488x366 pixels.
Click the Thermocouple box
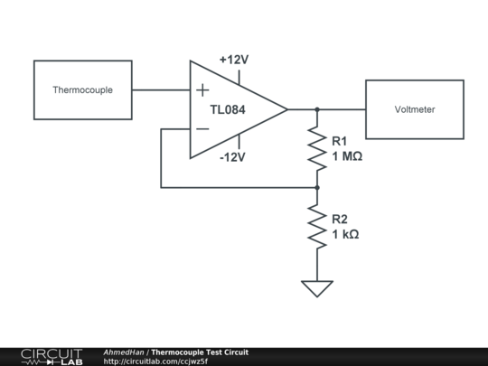click(82, 90)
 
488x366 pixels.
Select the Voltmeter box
click(414, 109)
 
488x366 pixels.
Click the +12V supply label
click(234, 60)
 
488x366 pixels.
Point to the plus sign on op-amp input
click(202, 90)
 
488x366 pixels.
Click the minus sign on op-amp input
click(202, 129)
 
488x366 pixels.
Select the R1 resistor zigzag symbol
click(317, 148)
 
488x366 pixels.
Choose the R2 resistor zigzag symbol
click(317, 226)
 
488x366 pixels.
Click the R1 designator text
click(339, 142)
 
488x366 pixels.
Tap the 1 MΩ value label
click(347, 156)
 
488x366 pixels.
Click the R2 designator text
click(339, 220)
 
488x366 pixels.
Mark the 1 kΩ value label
click(345, 234)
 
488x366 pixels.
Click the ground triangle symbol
click(317, 288)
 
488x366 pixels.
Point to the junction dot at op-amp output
click(317, 109)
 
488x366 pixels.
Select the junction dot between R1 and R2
click(317, 187)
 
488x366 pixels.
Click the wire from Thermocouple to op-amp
click(161, 90)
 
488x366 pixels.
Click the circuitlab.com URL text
click(155, 361)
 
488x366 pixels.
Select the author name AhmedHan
click(125, 352)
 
